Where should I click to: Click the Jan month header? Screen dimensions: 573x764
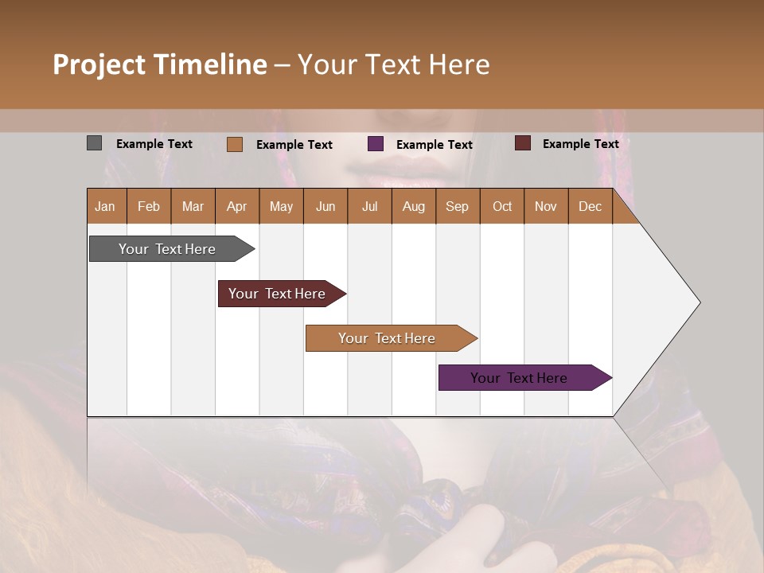pyautogui.click(x=106, y=206)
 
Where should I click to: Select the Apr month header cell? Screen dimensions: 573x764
pyautogui.click(x=237, y=206)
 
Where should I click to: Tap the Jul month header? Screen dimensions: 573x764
pyautogui.click(x=369, y=206)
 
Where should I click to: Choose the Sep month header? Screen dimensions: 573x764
pyautogui.click(x=458, y=206)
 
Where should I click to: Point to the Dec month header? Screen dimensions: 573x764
pyautogui.click(x=590, y=206)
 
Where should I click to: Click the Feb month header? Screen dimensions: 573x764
pyautogui.click(x=149, y=206)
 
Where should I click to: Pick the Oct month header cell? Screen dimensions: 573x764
pyautogui.click(x=502, y=206)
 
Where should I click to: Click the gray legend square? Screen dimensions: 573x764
pyautogui.click(x=94, y=143)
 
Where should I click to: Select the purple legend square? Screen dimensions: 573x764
pyautogui.click(x=376, y=144)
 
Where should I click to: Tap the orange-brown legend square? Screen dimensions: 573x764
pyautogui.click(x=235, y=144)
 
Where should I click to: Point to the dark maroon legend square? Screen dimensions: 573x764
pyautogui.click(x=523, y=143)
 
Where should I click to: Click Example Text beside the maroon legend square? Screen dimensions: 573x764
pyautogui.click(x=580, y=144)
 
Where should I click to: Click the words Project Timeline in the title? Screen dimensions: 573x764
pyautogui.click(x=159, y=64)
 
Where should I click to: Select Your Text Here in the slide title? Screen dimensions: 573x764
pyautogui.click(x=394, y=64)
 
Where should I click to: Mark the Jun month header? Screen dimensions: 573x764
pyautogui.click(x=325, y=206)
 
